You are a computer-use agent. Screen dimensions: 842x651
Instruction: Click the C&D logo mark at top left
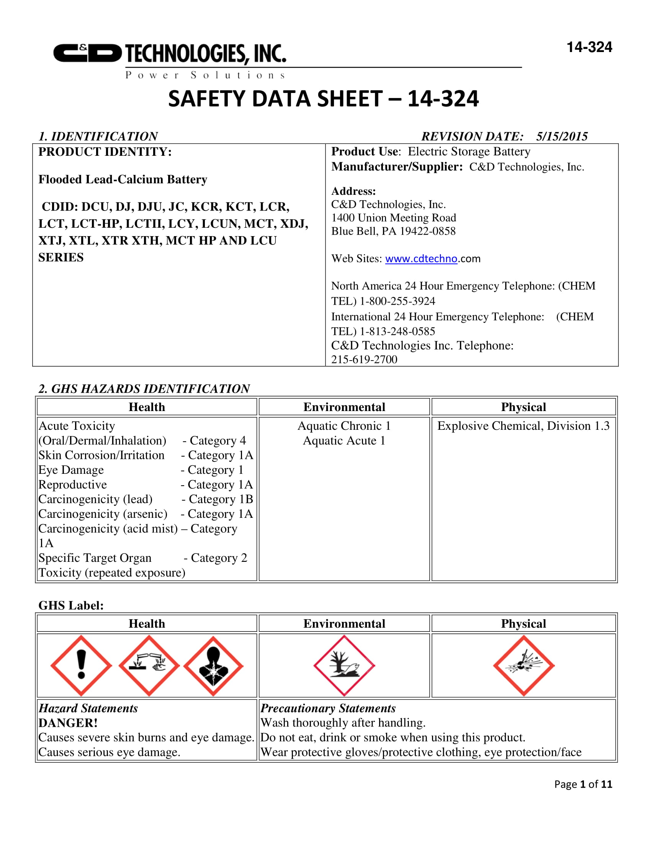tap(87, 53)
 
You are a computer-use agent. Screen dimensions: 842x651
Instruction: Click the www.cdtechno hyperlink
tap(421, 259)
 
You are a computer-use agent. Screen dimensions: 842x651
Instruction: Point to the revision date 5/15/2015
tap(561, 136)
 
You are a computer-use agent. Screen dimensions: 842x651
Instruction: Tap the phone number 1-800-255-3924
tap(397, 301)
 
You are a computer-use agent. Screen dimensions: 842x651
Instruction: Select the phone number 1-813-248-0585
tap(397, 331)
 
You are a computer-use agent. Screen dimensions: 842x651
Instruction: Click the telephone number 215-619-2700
tap(364, 359)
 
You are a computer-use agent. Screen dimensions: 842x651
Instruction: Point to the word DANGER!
tap(68, 723)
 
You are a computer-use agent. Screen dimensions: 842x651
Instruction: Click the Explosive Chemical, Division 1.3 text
tap(523, 426)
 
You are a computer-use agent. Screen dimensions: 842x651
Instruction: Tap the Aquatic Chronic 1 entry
tap(344, 426)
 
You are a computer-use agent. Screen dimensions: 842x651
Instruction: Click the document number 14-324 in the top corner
tap(589, 47)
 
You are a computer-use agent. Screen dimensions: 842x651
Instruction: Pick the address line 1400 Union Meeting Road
tap(393, 218)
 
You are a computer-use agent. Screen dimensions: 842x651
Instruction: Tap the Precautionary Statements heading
tap(328, 708)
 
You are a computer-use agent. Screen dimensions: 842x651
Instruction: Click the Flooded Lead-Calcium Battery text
tap(123, 179)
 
